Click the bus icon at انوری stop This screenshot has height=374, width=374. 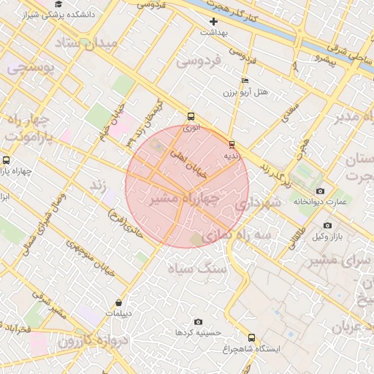(191, 115)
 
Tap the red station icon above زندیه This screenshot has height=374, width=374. (232, 144)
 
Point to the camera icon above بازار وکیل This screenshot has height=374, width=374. (327, 225)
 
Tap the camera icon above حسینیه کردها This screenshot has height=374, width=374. (198, 321)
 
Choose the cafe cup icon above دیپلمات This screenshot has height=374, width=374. (119, 302)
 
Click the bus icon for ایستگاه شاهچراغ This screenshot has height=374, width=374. (252, 337)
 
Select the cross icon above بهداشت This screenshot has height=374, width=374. (213, 21)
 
